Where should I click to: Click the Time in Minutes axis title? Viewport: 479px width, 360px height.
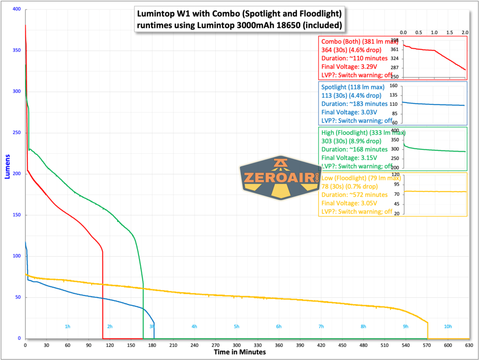coord(239,352)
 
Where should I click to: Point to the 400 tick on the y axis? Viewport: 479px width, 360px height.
coord(17,9)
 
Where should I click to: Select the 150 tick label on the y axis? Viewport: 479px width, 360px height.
coord(17,215)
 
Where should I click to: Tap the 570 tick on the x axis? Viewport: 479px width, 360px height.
coord(427,345)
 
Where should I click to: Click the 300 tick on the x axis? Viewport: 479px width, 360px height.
coord(237,345)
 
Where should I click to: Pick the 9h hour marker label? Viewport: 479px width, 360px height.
coord(406,326)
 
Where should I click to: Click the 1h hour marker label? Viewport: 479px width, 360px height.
coord(67,326)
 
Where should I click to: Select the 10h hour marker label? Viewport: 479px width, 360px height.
coord(448,326)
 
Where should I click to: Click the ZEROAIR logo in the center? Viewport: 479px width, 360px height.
coord(280,178)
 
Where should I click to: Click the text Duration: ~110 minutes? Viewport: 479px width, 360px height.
coord(355,58)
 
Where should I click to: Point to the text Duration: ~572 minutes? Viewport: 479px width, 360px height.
coord(355,195)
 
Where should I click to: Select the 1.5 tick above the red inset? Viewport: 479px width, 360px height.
coord(450,32)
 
